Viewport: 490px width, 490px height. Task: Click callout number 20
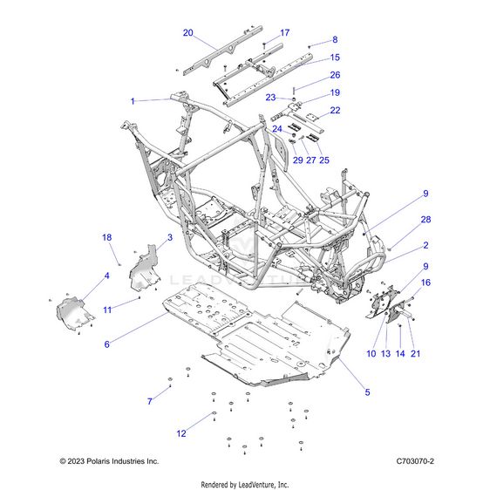[187, 32]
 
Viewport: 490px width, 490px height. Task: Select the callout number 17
[284, 32]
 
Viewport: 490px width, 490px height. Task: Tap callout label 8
[334, 39]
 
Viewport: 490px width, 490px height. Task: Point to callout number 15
[335, 58]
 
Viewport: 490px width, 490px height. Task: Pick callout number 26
[335, 75]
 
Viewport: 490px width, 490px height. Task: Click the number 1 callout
[133, 101]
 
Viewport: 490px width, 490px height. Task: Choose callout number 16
[425, 283]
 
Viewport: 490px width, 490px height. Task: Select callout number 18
[107, 237]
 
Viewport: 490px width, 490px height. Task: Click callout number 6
[107, 344]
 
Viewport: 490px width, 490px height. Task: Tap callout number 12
[181, 433]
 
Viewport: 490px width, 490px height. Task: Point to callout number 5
[367, 392]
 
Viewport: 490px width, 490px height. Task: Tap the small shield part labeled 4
[74, 309]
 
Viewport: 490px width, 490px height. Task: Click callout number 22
[335, 110]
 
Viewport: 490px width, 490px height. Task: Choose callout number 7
[149, 400]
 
